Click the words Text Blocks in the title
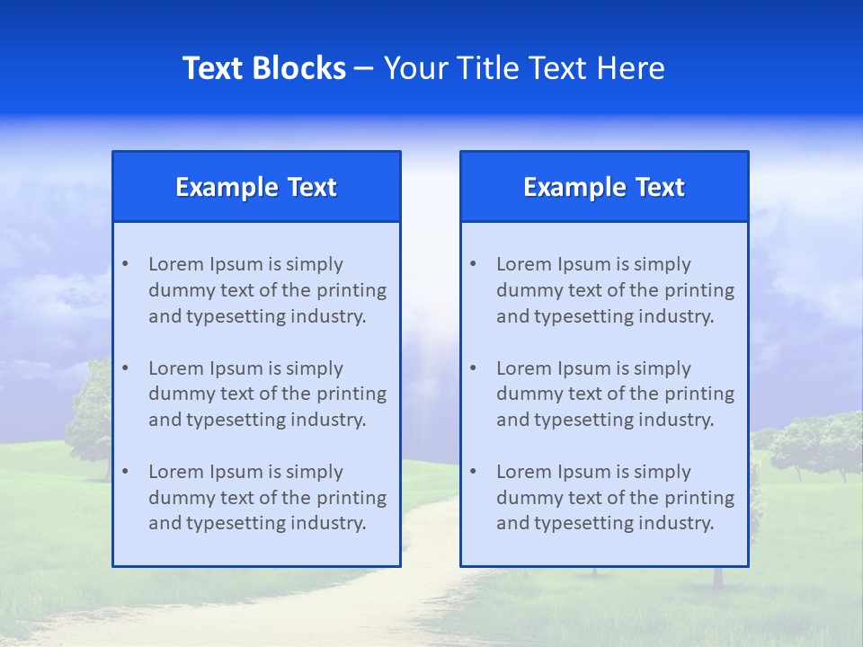tap(263, 68)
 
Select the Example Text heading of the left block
tap(256, 187)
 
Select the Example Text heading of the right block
tap(604, 187)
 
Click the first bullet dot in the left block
tap(125, 264)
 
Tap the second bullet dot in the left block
tap(125, 368)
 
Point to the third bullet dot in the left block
tap(125, 472)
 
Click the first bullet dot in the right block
tap(473, 264)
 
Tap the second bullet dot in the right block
tap(473, 368)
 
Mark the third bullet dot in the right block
tap(473, 472)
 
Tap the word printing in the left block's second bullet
tap(353, 394)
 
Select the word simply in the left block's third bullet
tap(316, 472)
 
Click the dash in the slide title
tap(364, 68)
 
